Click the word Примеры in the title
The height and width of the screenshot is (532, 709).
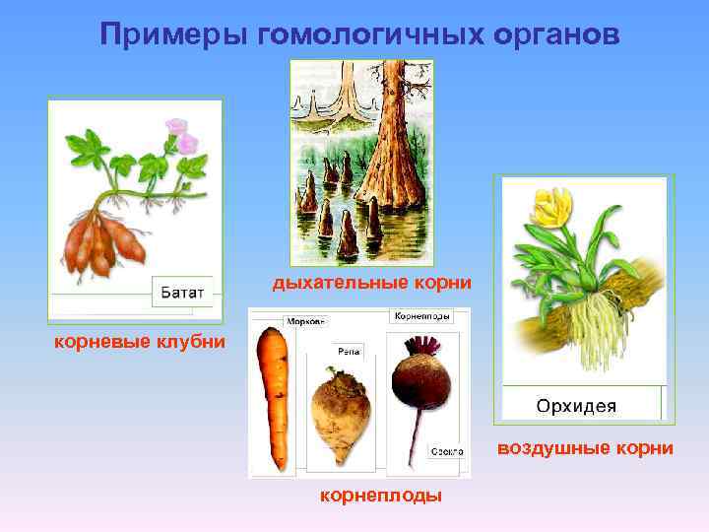[x=172, y=34]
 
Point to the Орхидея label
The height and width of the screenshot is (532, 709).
[x=576, y=406]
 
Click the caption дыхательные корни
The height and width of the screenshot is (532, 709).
[x=372, y=284]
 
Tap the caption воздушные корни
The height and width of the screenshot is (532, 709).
[x=585, y=448]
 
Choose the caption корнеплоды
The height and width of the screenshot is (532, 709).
[x=380, y=496]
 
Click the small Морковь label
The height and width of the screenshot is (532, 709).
[x=305, y=321]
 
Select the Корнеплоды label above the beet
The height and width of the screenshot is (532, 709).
[x=422, y=317]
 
